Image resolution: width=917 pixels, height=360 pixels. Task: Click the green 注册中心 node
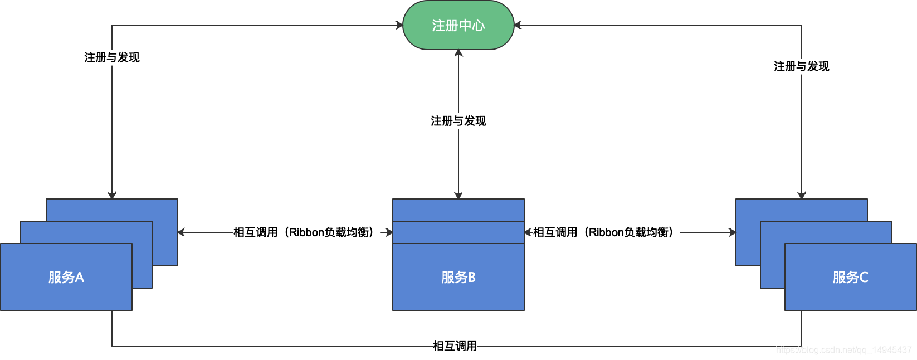458,25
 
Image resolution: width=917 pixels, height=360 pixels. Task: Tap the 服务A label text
66,277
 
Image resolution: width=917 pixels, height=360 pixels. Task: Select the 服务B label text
458,277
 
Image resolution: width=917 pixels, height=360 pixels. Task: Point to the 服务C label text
850,277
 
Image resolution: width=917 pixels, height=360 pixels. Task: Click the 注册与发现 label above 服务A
111,57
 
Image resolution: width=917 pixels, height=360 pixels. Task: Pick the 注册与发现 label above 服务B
458,121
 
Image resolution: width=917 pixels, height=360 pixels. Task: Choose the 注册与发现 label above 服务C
801,66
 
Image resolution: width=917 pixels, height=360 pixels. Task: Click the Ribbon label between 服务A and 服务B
304,232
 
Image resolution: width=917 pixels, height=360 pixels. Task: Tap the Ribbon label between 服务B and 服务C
603,232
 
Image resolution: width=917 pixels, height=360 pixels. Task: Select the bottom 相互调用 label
455,346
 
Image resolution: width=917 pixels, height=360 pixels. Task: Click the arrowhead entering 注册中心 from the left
399,25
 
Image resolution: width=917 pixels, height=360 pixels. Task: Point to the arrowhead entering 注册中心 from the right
518,25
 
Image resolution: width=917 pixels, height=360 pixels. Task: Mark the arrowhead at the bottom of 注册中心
458,53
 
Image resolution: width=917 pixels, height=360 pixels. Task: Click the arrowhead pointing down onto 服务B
458,196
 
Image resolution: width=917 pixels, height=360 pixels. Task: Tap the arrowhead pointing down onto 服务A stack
112,196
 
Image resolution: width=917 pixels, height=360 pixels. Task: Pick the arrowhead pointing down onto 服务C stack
802,196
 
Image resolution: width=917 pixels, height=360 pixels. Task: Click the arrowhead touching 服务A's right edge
181,232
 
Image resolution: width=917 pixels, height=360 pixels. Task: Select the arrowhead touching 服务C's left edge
733,232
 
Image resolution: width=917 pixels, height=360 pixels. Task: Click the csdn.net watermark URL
843,350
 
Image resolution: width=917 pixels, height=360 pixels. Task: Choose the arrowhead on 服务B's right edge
528,232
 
